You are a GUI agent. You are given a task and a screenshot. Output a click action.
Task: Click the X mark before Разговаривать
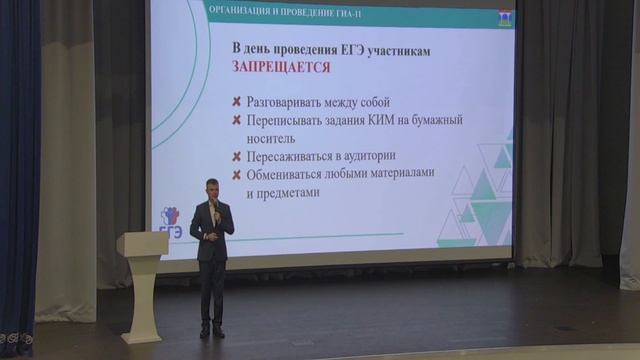click(236, 102)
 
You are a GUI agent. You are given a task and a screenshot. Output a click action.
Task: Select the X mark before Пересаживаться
click(236, 157)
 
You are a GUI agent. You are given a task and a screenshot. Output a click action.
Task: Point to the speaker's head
click(213, 187)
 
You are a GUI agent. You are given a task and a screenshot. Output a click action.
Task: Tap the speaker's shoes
click(211, 331)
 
